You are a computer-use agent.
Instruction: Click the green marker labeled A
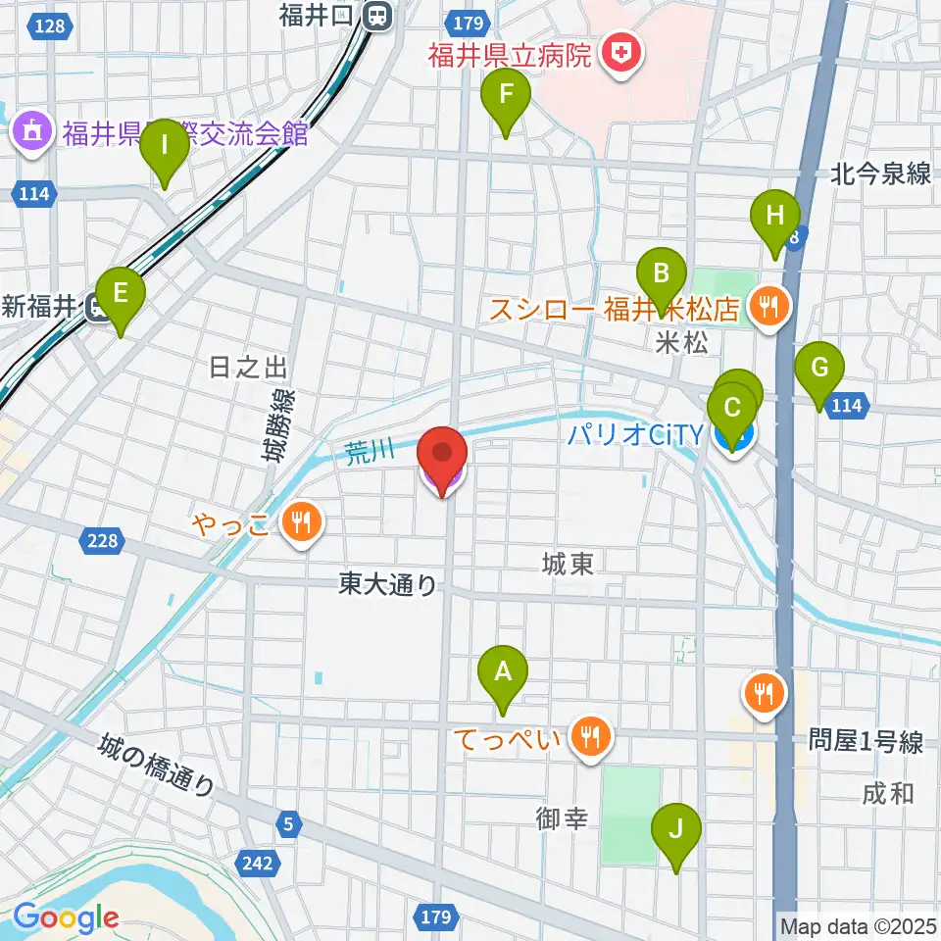(503, 673)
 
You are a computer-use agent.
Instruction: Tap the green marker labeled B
(662, 274)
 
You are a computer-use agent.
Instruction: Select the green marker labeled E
(121, 294)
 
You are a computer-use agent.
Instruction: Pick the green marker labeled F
(506, 96)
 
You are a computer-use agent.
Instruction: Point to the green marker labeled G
(820, 370)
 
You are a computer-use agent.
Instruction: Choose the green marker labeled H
(775, 217)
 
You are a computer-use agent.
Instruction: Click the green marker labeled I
(165, 148)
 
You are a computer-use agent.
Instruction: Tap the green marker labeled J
(676, 830)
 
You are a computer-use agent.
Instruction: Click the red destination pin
(442, 455)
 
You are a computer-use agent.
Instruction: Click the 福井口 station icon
(376, 15)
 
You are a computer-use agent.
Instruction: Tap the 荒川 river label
(369, 451)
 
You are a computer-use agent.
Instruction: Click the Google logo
(66, 917)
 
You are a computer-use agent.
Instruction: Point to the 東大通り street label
(387, 585)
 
